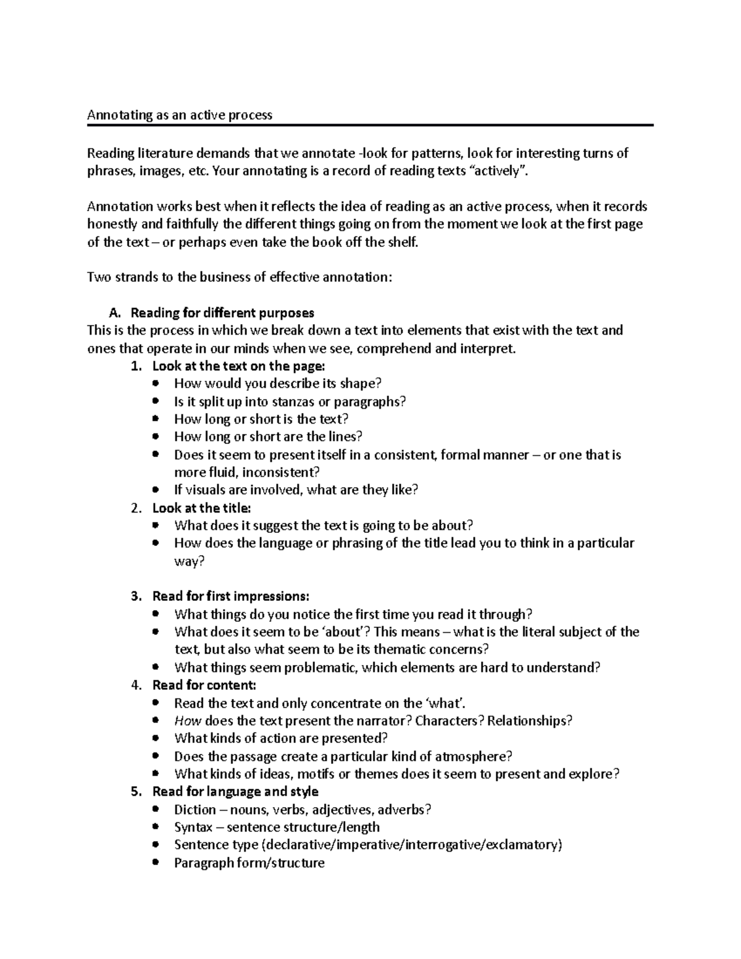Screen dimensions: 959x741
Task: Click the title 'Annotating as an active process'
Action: click(179, 115)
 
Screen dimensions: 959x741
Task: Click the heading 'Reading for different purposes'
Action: click(222, 312)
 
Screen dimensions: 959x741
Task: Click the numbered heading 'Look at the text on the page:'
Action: click(238, 366)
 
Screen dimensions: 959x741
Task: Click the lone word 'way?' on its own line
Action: click(189, 561)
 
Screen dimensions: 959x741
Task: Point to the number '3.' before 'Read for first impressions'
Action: click(136, 597)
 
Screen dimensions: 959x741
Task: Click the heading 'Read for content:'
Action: click(204, 685)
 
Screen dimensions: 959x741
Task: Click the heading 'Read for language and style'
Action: click(235, 792)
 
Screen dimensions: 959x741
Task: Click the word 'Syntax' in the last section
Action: click(193, 827)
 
